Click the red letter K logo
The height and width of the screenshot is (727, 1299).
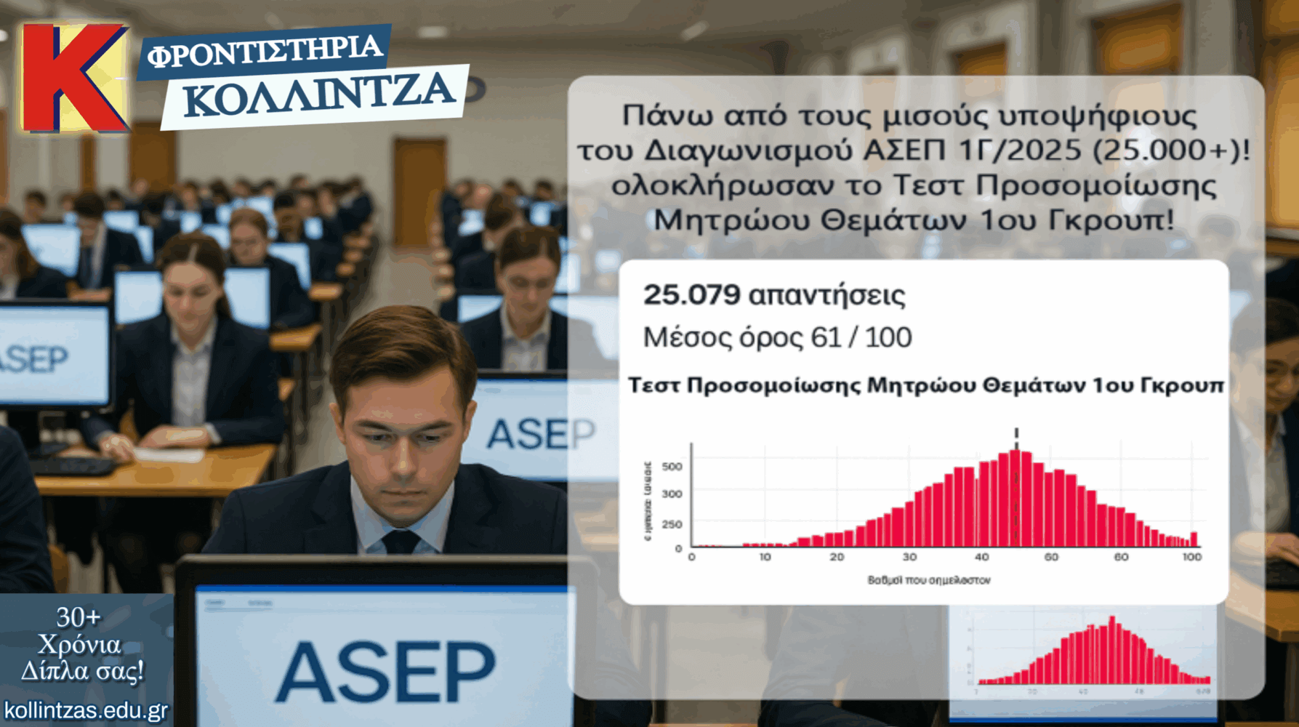click(73, 78)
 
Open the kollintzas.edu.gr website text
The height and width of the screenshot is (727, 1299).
click(86, 710)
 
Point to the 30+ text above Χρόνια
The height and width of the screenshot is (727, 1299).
click(79, 617)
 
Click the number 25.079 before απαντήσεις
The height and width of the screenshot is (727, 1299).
click(691, 295)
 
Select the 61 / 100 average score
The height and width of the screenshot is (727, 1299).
click(861, 337)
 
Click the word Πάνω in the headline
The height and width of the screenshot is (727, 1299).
click(658, 116)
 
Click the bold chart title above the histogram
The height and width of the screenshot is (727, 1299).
click(925, 385)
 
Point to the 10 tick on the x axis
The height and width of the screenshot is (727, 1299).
click(765, 557)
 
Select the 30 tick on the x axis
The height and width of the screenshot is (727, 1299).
click(909, 557)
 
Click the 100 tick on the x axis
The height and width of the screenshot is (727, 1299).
click(1191, 557)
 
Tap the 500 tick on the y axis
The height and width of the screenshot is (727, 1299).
click(672, 467)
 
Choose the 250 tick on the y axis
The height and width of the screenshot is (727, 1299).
click(672, 524)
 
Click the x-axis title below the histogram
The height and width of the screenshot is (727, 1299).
click(928, 580)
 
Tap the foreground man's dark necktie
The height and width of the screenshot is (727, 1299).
click(401, 542)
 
